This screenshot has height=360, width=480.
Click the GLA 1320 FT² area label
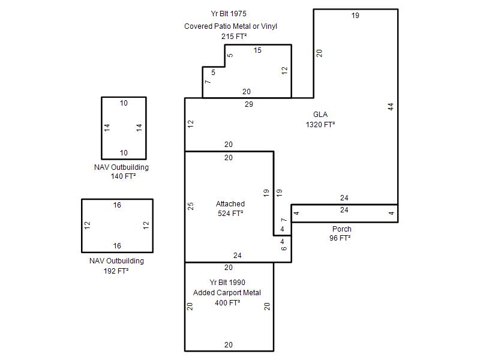coord(320,119)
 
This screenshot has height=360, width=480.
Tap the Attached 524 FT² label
coord(230,208)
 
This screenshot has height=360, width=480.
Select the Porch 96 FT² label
coord(340,233)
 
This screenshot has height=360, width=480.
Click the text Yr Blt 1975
coord(229,14)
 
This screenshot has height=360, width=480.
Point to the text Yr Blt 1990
coord(227,282)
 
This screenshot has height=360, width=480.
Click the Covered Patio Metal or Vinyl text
coord(230,26)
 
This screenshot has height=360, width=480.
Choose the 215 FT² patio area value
coord(234,37)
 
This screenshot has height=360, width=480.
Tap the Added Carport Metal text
coord(227,293)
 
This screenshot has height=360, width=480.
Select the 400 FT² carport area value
coord(227,303)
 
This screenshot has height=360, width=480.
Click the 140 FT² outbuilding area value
coord(124,176)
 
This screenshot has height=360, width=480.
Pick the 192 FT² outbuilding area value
coord(116,271)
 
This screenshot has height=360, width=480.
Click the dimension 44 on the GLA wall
coord(391,107)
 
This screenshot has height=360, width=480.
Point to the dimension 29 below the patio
coord(249,104)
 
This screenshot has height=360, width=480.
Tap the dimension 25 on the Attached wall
coord(190,206)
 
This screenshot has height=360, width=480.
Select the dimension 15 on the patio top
coord(257,50)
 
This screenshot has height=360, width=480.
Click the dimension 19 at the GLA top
coord(355,16)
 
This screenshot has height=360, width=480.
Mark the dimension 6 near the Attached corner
coord(284,248)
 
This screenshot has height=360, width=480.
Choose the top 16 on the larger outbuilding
coord(117,205)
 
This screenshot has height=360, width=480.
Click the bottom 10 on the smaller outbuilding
coord(124,153)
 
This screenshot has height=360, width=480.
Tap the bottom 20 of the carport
coord(229,344)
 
